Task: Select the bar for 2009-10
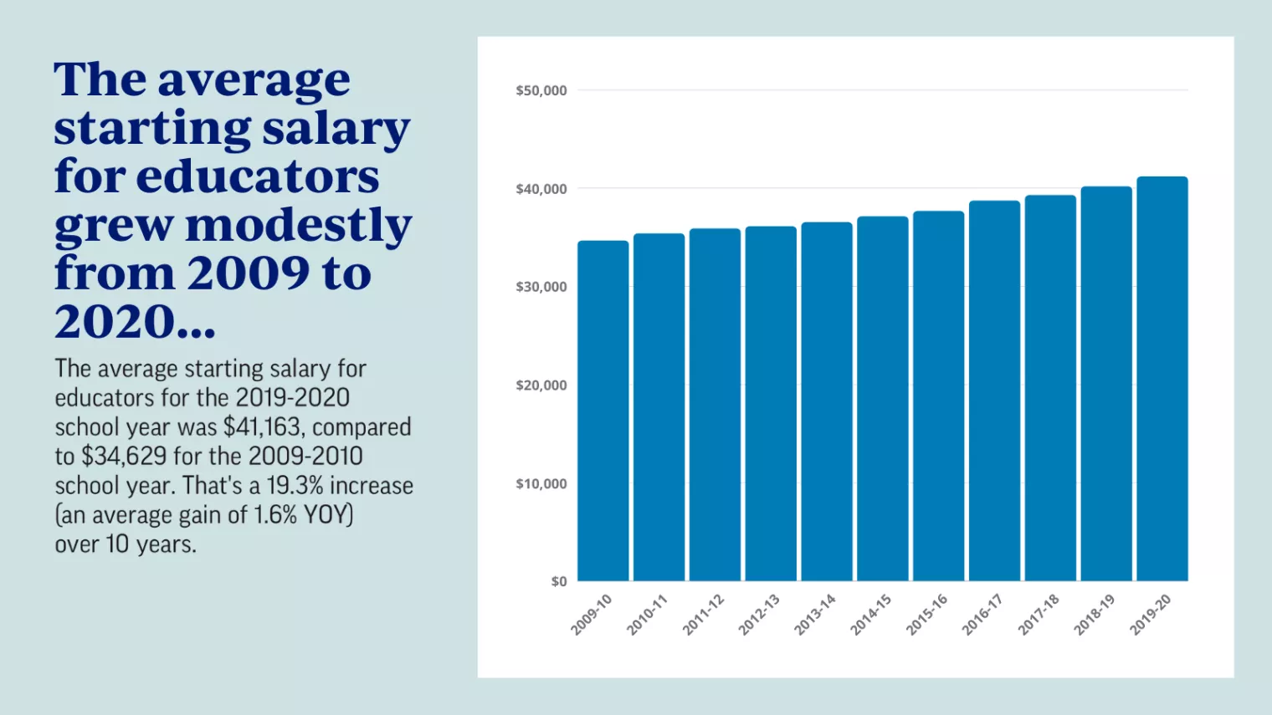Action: click(x=603, y=411)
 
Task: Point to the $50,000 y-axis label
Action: click(x=541, y=90)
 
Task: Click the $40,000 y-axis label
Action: click(x=541, y=189)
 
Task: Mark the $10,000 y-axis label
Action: click(x=541, y=483)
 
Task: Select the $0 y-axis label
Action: click(x=558, y=581)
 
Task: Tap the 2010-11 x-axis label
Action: click(x=647, y=615)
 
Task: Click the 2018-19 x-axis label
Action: click(x=1094, y=615)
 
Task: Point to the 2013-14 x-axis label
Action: click(x=814, y=615)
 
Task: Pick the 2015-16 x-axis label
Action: click(x=926, y=615)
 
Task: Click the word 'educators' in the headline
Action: click(x=258, y=176)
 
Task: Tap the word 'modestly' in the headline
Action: click(x=299, y=225)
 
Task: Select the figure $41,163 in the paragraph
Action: click(x=262, y=427)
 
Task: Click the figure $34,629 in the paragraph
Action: click(x=124, y=457)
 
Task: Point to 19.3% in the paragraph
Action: click(x=295, y=486)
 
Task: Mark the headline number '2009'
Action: click(x=249, y=273)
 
